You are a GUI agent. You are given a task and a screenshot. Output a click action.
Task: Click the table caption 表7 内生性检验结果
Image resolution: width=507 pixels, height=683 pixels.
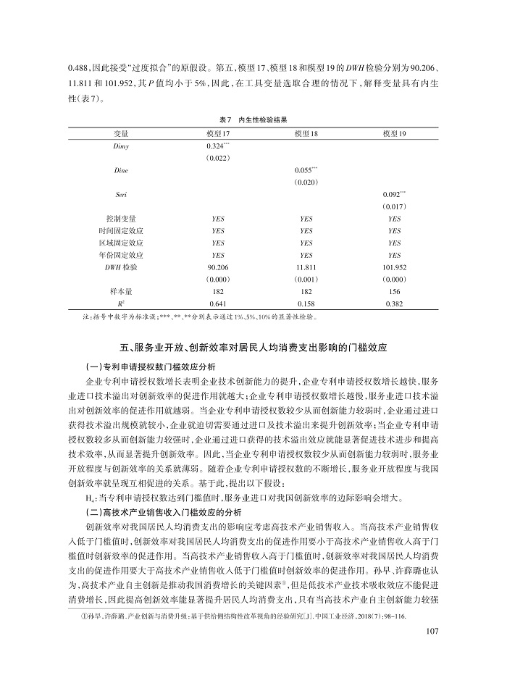253,118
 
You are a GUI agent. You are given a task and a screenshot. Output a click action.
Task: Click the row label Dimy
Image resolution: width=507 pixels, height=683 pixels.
122,146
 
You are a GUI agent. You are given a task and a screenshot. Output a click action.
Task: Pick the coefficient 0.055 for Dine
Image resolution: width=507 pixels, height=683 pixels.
305,169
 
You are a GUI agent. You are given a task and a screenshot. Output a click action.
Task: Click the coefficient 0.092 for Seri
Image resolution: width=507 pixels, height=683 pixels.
393,194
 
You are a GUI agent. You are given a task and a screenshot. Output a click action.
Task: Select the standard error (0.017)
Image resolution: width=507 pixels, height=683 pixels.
394,206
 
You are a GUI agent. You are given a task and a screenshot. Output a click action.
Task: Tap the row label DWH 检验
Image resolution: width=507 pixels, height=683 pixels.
122,267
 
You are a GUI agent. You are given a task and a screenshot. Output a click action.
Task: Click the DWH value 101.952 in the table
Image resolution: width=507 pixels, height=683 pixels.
394,267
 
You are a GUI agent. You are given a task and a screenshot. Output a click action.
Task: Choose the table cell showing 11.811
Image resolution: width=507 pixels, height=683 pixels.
306,267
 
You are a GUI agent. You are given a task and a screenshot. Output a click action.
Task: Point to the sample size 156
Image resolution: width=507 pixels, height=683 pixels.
394,290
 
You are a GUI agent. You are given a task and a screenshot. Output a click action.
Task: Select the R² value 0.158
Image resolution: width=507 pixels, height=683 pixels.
306,302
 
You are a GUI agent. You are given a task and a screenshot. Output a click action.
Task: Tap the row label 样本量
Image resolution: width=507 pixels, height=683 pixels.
122,290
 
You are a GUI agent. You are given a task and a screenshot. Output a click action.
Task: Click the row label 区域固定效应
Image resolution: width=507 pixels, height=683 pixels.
122,243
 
